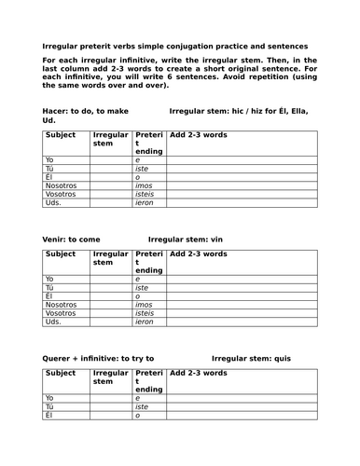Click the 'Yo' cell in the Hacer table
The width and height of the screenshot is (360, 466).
50,159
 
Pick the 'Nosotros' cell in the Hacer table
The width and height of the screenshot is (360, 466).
61,185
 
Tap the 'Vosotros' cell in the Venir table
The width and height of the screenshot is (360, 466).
60,312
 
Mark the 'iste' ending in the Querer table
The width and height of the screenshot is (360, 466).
143,406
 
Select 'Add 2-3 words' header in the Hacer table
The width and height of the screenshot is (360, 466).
199,135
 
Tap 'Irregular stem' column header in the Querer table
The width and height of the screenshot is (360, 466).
111,377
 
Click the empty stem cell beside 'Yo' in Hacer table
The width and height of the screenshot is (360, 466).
111,159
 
